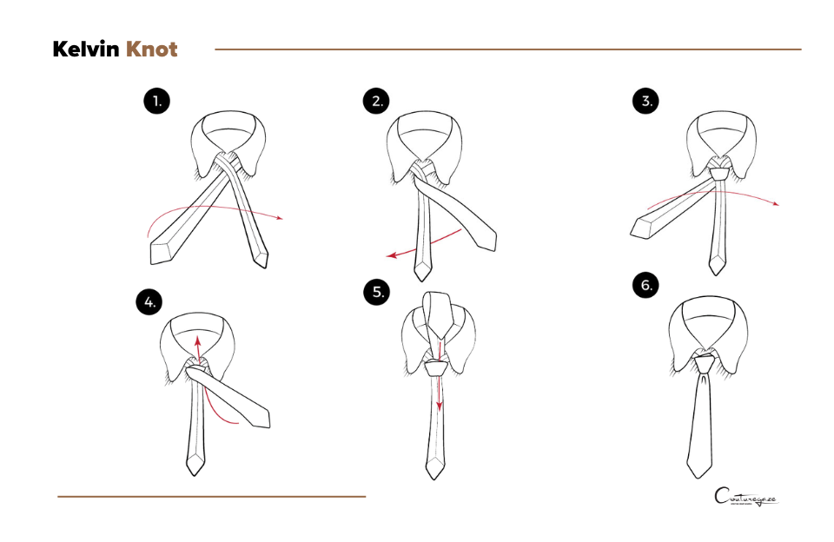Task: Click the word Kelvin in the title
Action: (x=86, y=50)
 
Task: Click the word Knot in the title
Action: (x=152, y=50)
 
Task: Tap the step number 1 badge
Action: (x=156, y=102)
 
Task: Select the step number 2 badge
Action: (x=375, y=102)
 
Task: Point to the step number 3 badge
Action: (x=645, y=102)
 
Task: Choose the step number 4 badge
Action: (x=150, y=302)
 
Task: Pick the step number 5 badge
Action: (x=378, y=293)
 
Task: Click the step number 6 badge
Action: (x=645, y=285)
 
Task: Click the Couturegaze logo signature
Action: (x=745, y=499)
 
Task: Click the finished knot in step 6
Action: (x=705, y=363)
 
